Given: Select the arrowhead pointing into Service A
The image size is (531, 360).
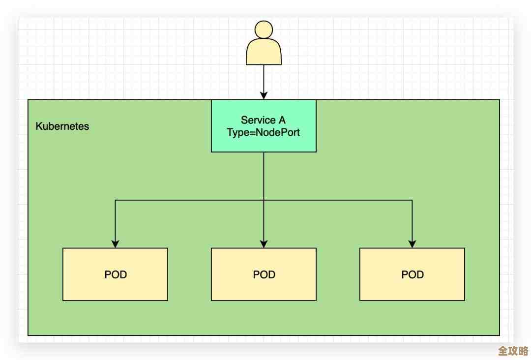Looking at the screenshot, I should coord(264,95).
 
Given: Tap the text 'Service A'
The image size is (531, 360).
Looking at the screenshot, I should coord(263,120).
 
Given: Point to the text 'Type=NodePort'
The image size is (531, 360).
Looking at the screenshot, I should coord(263,132).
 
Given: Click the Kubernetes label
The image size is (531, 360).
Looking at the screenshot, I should coord(62,126).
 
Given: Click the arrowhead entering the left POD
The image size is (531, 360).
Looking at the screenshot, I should coord(116,243).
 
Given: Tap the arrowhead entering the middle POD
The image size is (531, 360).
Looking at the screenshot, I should coord(264,243).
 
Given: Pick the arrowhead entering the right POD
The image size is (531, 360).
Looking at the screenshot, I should coord(413,243).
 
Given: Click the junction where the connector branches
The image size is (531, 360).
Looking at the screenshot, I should coord(264,200).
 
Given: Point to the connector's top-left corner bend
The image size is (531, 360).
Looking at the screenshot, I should coord(116,200).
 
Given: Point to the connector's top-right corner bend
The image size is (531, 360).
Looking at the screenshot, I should coord(413,200).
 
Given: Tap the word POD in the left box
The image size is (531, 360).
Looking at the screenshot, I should coord(116,274).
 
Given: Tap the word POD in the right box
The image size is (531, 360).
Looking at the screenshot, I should coord(413,274).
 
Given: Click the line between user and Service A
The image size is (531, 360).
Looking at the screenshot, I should coord(264,79).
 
